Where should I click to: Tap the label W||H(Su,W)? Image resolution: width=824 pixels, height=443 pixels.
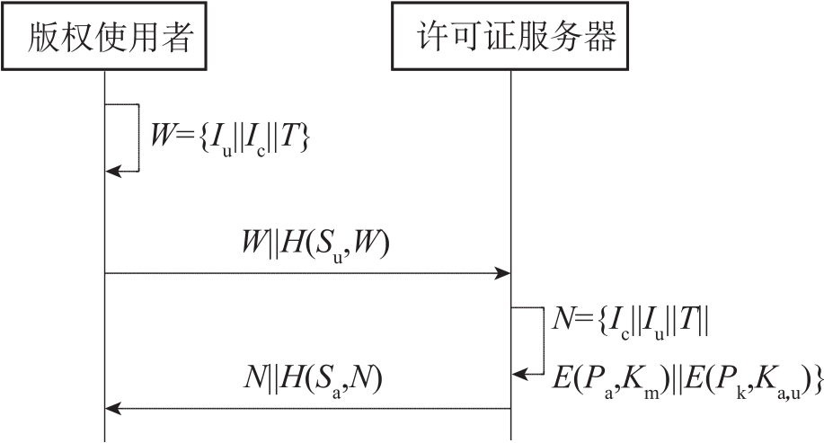click(308, 244)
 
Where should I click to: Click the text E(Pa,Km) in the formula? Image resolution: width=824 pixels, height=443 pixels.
click(610, 378)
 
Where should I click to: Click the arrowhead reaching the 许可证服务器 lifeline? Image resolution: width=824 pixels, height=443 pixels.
click(504, 273)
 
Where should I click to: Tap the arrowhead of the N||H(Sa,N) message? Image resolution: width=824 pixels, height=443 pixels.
click(111, 408)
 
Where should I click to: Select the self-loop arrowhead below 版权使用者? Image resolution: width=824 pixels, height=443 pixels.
click(112, 171)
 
